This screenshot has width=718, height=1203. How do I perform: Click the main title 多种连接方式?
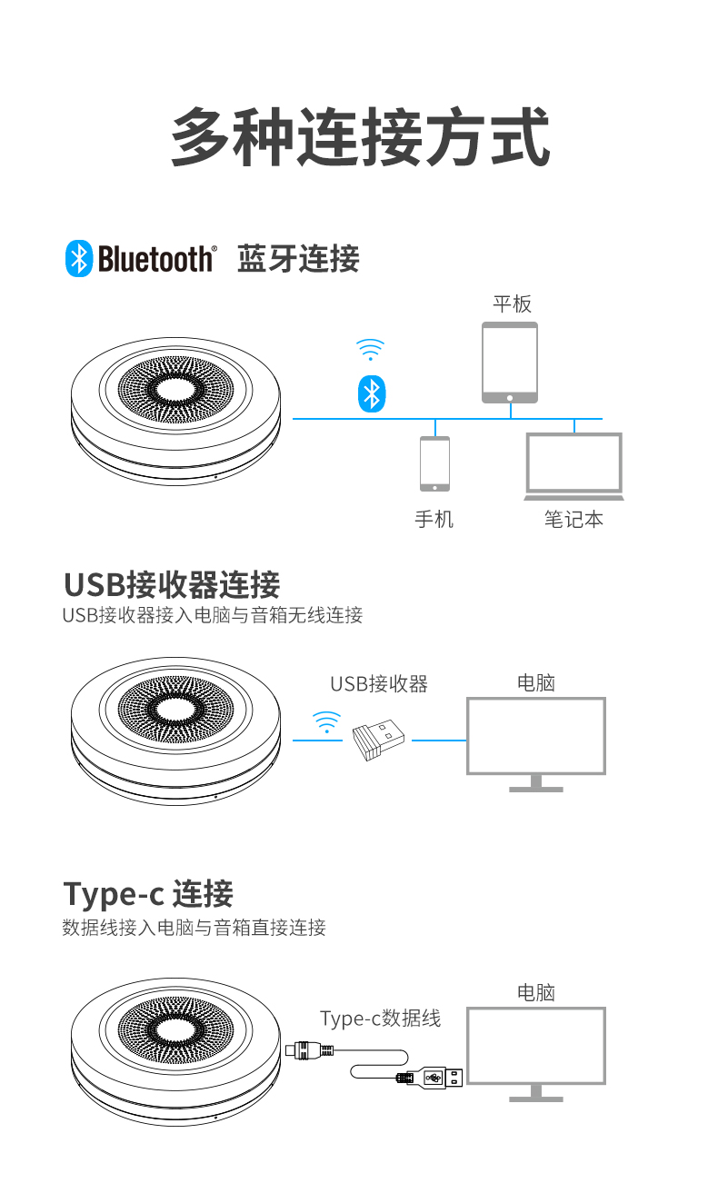click(360, 137)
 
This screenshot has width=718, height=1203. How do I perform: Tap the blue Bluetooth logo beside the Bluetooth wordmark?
click(79, 259)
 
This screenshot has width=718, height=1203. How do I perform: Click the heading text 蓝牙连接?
click(298, 259)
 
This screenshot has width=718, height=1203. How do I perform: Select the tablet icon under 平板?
click(510, 363)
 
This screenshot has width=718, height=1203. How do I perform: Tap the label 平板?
click(512, 303)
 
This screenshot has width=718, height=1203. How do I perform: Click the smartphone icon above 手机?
click(434, 463)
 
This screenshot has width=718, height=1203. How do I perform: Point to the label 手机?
click(434, 520)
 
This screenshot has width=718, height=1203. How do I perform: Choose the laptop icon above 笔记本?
click(574, 466)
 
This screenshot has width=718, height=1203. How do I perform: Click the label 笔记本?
click(573, 520)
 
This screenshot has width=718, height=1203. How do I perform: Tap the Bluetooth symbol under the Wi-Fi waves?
click(371, 393)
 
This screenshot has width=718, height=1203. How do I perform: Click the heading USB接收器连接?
click(172, 584)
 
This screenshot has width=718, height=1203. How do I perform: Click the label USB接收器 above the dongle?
click(378, 683)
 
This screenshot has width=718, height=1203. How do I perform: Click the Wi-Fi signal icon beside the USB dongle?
click(326, 722)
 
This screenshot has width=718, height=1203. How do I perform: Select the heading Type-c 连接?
click(148, 894)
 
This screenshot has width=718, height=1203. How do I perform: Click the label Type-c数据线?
click(380, 1019)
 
